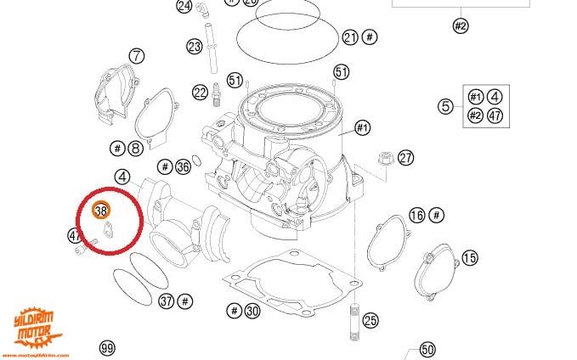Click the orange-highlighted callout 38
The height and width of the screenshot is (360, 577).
tap(101, 209)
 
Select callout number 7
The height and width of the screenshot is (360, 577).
tap(137, 56)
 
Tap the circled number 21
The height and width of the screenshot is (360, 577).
tap(350, 37)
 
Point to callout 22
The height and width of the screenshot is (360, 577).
tap(200, 92)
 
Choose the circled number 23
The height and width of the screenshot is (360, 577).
tap(195, 45)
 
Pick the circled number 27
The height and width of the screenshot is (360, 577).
tap(405, 157)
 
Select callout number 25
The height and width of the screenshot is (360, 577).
tap(370, 320)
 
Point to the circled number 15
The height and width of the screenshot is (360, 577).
tap(470, 256)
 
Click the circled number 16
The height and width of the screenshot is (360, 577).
tap(416, 215)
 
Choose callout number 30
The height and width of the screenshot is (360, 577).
tap(252, 311)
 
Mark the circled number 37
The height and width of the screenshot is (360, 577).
tap(167, 301)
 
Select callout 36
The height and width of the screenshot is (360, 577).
tap(183, 166)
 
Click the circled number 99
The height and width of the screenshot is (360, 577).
tap(107, 348)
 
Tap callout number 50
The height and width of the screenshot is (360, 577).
tap(427, 349)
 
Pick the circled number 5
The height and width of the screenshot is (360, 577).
tap(445, 106)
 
